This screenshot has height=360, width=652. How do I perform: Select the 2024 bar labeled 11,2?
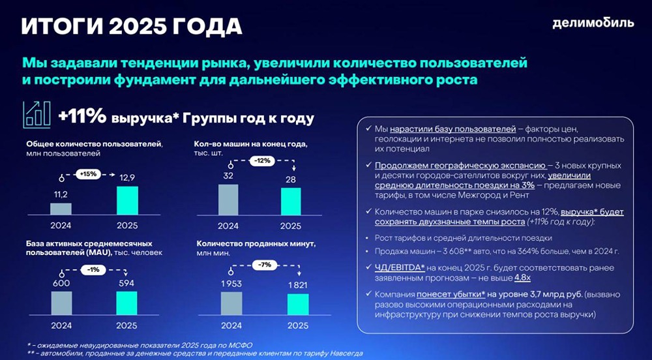(61, 209)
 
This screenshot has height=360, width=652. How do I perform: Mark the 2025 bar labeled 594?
(126, 303)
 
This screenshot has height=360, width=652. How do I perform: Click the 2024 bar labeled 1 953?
(231, 303)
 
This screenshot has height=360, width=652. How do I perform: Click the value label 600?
(61, 284)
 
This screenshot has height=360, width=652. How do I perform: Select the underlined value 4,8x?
(504, 277)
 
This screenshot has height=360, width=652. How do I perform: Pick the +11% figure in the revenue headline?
(82, 117)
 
